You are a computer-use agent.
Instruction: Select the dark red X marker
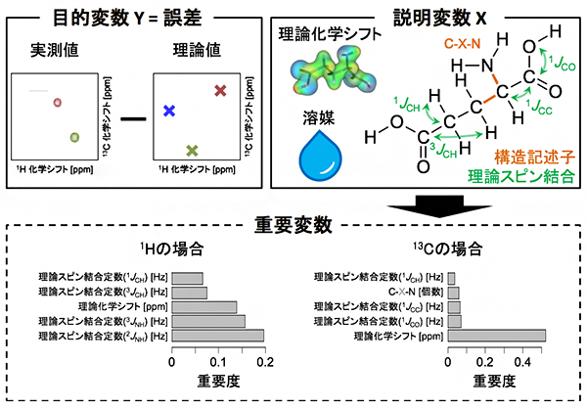[x=220, y=90]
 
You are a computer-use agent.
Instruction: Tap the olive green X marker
[x=193, y=150]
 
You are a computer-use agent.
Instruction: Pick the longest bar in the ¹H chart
[x=218, y=335]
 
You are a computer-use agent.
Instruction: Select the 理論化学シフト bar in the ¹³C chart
[x=497, y=335]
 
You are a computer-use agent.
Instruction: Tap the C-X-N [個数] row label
[x=405, y=292]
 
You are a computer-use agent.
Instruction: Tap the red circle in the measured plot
[x=58, y=101]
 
